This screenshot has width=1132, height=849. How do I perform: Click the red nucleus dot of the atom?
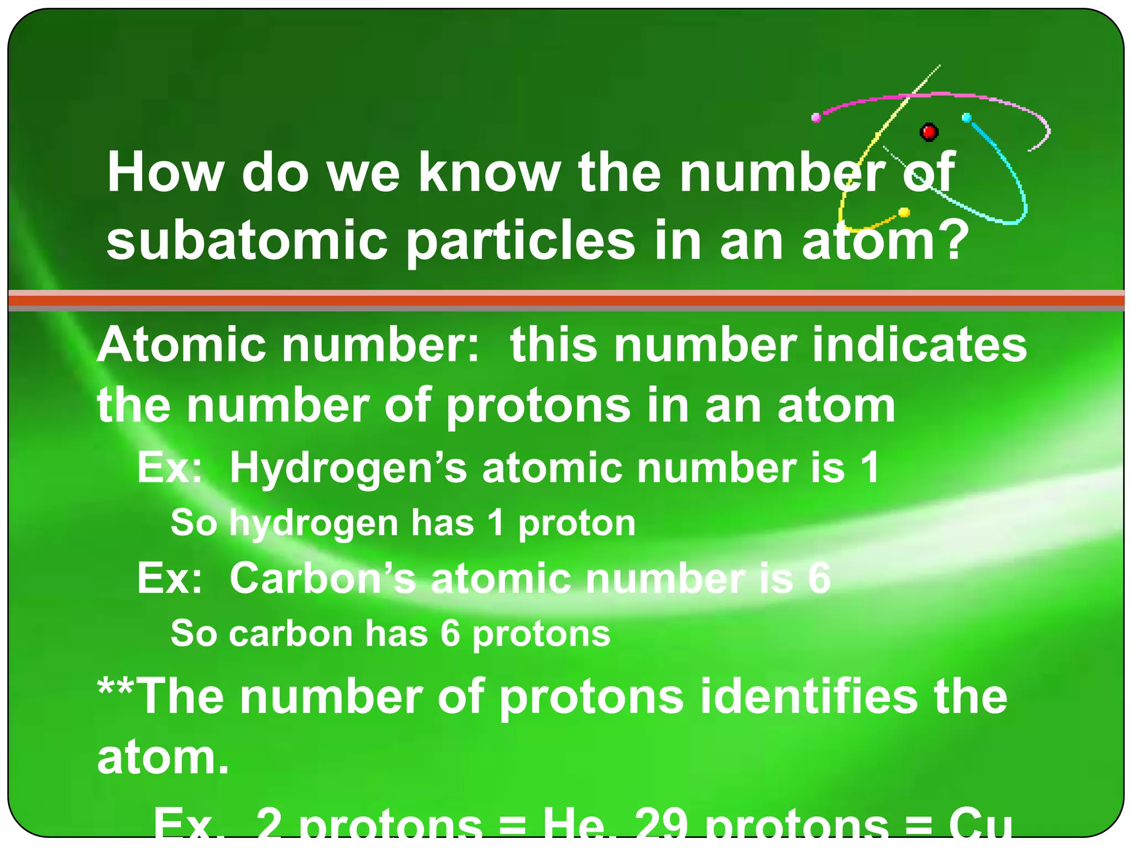[929, 132]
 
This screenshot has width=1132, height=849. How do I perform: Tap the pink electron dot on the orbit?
[816, 117]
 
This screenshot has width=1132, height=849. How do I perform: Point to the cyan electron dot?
[967, 118]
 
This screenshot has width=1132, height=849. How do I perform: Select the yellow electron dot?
[904, 212]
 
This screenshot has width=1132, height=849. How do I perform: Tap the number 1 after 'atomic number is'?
[869, 468]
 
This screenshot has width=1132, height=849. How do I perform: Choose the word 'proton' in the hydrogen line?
[577, 523]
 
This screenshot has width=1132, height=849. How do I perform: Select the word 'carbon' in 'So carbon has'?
[291, 633]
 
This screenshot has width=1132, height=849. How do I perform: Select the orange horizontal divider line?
[566, 301]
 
